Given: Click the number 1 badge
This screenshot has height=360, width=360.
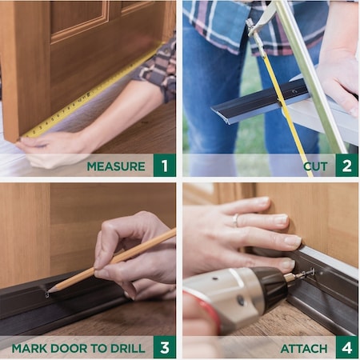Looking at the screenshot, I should coord(164,166).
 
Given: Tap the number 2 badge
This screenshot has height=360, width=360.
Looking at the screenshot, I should coord(346,166).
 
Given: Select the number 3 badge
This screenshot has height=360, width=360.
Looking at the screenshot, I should coord(164,348).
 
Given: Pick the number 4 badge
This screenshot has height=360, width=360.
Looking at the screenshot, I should coord(346,348).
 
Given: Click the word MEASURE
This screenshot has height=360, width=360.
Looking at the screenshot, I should coord(116,166).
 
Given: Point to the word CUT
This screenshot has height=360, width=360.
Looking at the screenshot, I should coord(315,166).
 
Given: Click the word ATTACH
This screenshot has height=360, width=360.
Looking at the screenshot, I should coord(303,349).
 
